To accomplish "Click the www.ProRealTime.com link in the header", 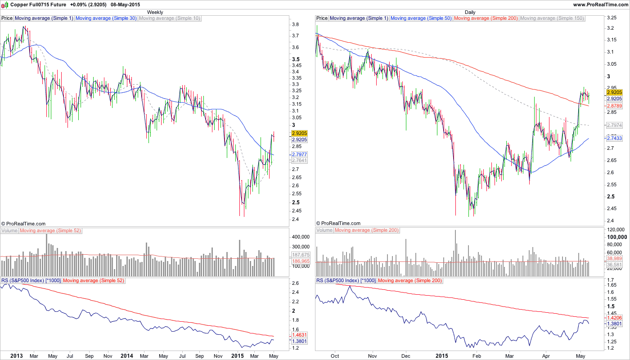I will point(601,4).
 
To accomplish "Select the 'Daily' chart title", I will point(470,12).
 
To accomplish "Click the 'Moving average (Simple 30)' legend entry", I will point(106,18).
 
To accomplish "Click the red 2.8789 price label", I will point(614,106).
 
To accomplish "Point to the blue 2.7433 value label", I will point(614,139).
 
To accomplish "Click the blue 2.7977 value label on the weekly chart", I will point(299,154).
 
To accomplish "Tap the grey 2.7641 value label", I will point(299,160).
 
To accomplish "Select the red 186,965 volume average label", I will point(299,261).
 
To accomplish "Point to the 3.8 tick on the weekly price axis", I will point(296,24).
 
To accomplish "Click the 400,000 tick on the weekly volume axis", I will point(301,237).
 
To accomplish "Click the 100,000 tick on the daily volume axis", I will point(617,237).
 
